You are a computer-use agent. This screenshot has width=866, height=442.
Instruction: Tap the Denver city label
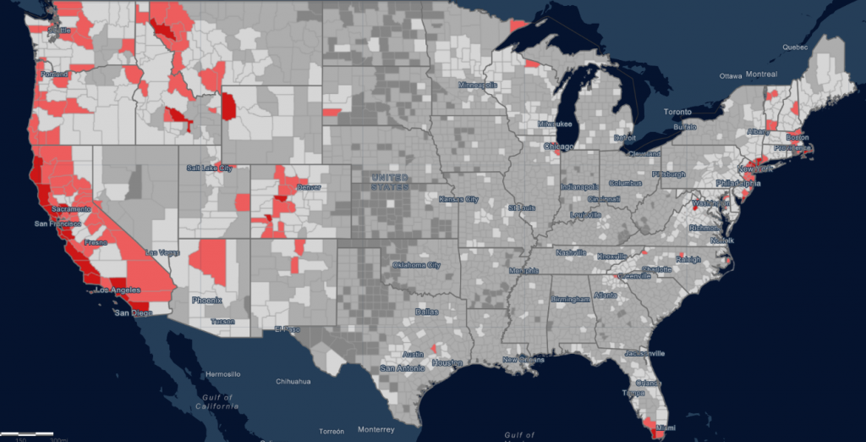[x=309, y=185]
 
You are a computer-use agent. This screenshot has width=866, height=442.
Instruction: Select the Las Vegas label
[x=164, y=252]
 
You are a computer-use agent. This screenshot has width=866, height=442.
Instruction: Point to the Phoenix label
[x=206, y=300]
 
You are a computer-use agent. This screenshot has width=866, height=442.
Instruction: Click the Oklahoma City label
[x=415, y=265]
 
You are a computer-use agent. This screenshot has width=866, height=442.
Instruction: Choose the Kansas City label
[x=458, y=199]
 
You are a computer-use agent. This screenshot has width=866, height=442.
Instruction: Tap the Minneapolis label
[x=479, y=86]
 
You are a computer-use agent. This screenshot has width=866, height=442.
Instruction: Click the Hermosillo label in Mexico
[x=222, y=373]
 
